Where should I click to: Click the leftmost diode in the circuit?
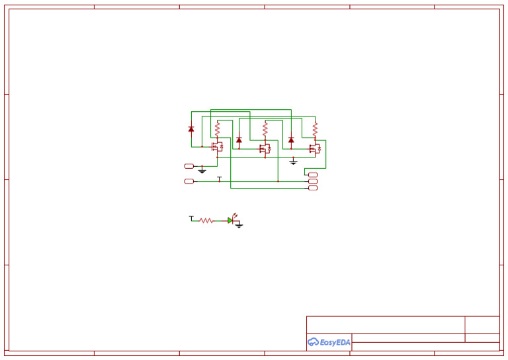pos(191,129)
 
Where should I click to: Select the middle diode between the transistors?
pos(239,140)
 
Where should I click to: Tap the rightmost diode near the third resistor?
pos(291,140)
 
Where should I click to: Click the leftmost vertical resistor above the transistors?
pos(217,127)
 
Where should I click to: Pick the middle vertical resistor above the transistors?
pos(265,127)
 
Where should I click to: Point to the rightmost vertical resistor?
pos(315,127)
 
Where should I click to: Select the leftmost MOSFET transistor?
pos(217,148)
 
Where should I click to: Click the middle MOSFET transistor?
pos(265,149)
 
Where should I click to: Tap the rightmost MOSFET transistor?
pos(315,148)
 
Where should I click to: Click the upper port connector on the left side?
pos(189,166)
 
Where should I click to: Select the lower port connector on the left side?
pos(189,181)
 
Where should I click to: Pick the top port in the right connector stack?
pos(313,175)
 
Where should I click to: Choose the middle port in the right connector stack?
pos(313,181)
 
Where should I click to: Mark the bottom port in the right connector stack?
pos(313,188)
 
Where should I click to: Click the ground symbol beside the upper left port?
pos(202,171)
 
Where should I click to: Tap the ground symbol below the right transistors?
pos(294,161)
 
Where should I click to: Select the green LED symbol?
pos(231,220)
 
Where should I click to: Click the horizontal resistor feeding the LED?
pos(206,220)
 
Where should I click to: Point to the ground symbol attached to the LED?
pos(239,226)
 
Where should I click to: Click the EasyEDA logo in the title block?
pos(329,342)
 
